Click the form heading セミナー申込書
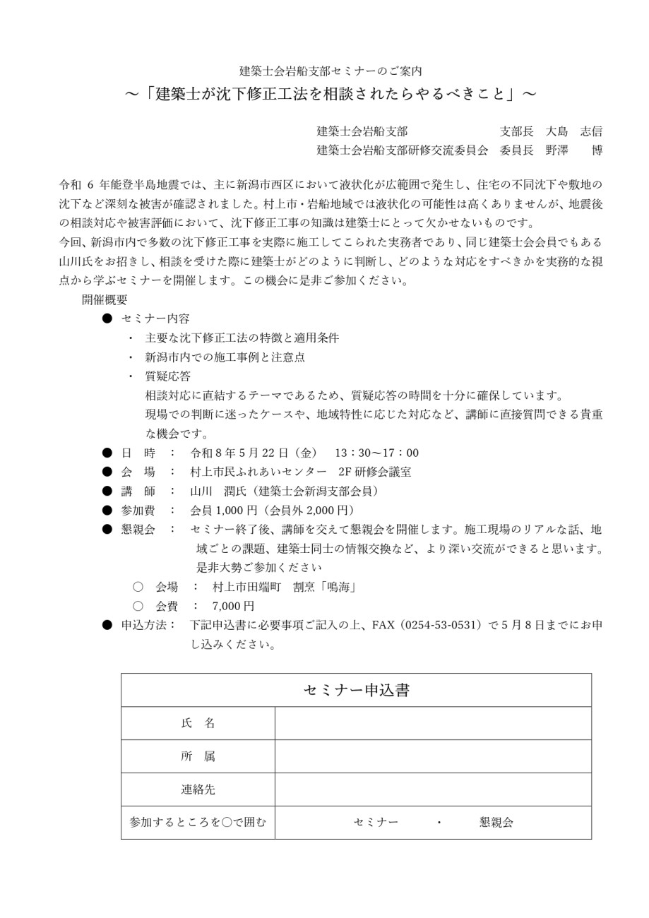[x=356, y=690]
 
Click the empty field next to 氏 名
[x=432, y=723]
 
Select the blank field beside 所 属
[x=432, y=756]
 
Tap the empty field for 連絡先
[x=432, y=789]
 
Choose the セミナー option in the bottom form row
[x=376, y=822]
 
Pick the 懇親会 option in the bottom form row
[x=496, y=822]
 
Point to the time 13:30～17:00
[x=376, y=453]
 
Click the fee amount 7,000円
[x=233, y=606]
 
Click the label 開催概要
[x=105, y=299]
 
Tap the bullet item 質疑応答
[x=167, y=376]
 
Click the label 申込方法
[x=148, y=625]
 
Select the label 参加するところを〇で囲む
[x=198, y=822]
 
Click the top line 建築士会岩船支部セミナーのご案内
[x=331, y=71]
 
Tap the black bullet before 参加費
[x=107, y=510]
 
